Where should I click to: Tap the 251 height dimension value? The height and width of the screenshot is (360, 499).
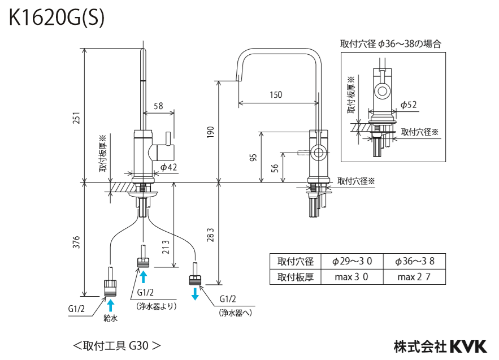click(76, 118)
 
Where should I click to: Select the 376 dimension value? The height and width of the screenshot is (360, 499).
click(76, 242)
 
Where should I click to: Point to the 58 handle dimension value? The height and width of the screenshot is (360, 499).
click(158, 106)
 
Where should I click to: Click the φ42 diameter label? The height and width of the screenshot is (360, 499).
click(168, 167)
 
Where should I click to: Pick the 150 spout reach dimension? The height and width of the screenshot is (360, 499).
click(276, 94)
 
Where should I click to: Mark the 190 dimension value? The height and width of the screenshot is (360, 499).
click(210, 132)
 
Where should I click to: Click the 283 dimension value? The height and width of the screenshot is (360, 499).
click(210, 235)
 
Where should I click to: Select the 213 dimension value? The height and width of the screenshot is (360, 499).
click(166, 248)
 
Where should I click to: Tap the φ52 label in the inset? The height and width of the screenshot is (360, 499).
click(409, 105)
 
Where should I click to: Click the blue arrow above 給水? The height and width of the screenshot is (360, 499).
click(110, 305)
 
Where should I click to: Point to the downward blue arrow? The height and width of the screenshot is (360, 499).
click(195, 294)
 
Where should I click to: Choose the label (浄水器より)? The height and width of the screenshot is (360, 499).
click(157, 306)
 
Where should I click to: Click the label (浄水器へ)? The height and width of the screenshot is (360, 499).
click(236, 313)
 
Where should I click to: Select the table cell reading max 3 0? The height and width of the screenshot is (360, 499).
click(352, 277)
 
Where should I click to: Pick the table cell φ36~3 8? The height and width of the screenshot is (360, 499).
click(414, 261)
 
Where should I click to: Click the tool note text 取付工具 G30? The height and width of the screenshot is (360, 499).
click(117, 346)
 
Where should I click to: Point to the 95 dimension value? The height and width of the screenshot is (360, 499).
click(253, 157)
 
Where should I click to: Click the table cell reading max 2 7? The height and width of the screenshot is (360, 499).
click(414, 277)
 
